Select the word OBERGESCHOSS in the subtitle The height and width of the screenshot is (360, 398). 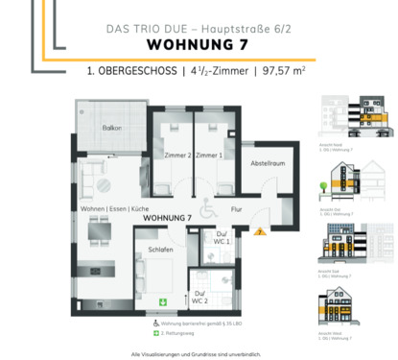pos(142,71)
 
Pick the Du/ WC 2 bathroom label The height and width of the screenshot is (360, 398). pos(199,297)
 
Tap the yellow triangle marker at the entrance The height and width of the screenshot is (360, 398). pos(258,230)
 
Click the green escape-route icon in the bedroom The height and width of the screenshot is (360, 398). pos(162,302)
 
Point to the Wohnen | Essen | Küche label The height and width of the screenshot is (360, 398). pos(113,208)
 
